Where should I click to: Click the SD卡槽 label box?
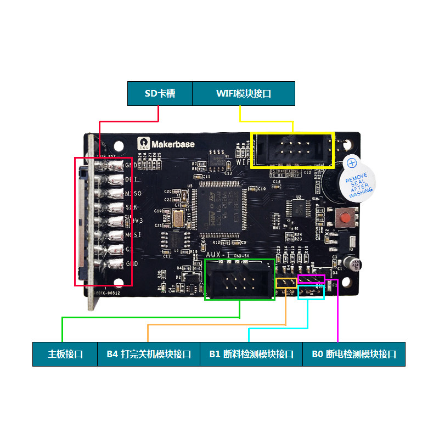pos(160,93)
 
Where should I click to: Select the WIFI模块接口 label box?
pos(244,93)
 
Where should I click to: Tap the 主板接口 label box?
pos(65,354)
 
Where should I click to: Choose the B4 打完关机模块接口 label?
pos(149,354)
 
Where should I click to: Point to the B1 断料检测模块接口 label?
pos(251,354)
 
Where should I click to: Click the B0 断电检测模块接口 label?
pos(354,354)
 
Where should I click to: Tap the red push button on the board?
pos(346,218)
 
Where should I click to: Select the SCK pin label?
pos(132,207)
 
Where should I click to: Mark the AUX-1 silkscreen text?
pos(218,256)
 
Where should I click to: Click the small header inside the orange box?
pos(285,283)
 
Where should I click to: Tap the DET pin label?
pos(131,179)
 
